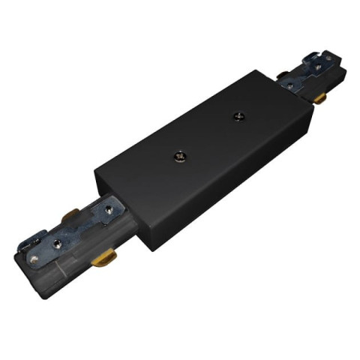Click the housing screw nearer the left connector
click(x=181, y=157)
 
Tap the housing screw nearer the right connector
click(x=239, y=115)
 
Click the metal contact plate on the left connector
click(x=71, y=236)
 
